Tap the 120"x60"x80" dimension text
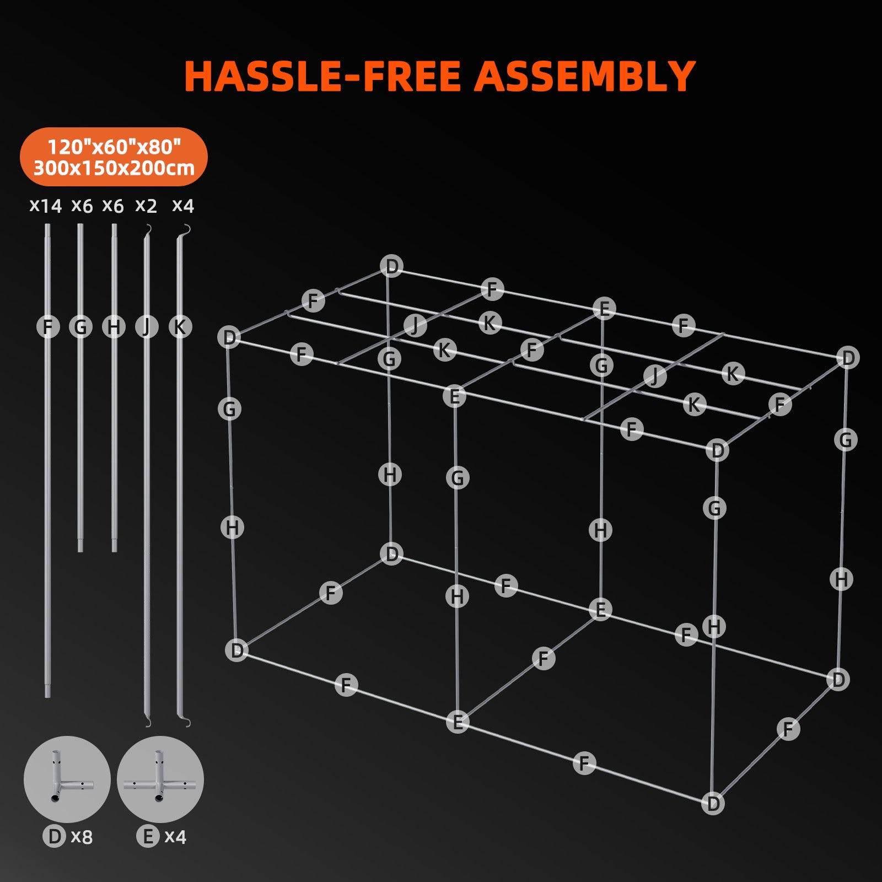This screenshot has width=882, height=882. [114, 147]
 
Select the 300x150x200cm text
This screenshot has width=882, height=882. [114, 168]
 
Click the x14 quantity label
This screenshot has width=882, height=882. [45, 206]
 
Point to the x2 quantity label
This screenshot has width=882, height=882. [146, 206]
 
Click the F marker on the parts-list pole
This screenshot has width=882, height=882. [48, 327]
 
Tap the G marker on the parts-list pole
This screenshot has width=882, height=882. [80, 327]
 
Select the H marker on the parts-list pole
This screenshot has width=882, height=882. [114, 327]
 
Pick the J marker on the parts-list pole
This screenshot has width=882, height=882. [147, 327]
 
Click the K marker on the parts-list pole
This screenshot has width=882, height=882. [180, 327]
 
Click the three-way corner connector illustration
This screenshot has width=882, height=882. [67, 778]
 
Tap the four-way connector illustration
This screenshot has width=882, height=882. [160, 778]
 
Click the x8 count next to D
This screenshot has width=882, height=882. [82, 837]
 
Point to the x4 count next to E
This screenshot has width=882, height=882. [175, 837]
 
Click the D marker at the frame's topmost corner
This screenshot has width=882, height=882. [391, 266]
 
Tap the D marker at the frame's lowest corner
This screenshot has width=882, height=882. [713, 803]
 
